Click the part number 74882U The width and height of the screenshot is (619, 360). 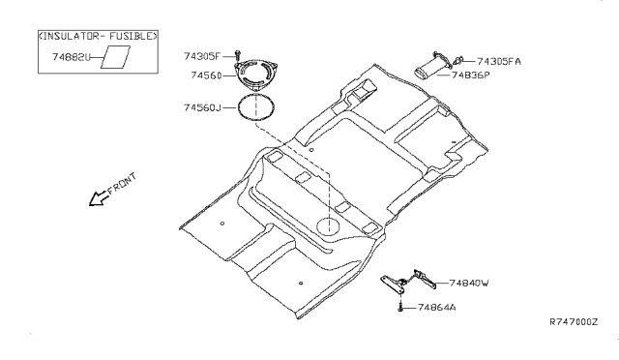pyautogui.click(x=71, y=57)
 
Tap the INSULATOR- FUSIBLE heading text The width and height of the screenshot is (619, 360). pyautogui.click(x=98, y=36)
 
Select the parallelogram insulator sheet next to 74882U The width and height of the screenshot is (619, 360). pyautogui.click(x=115, y=57)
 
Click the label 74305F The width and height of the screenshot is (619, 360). pyautogui.click(x=202, y=56)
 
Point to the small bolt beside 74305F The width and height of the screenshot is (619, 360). pyautogui.click(x=237, y=56)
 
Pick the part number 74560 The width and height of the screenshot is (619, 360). pyautogui.click(x=206, y=75)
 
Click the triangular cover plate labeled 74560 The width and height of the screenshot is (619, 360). pyautogui.click(x=256, y=75)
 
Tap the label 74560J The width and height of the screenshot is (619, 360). pyautogui.click(x=202, y=107)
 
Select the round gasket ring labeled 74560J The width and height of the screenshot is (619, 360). pyautogui.click(x=256, y=96)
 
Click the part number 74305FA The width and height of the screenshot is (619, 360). pyautogui.click(x=499, y=62)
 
